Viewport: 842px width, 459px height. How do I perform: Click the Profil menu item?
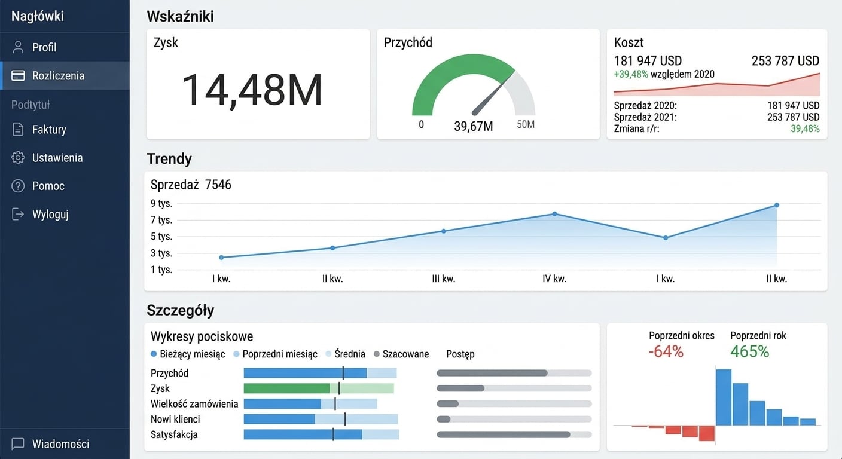click(44, 47)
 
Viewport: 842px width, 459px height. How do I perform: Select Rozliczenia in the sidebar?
click(58, 75)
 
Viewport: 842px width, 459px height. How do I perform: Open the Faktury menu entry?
click(49, 130)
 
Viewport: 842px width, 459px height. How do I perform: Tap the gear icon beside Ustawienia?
click(18, 158)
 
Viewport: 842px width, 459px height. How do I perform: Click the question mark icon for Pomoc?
click(18, 186)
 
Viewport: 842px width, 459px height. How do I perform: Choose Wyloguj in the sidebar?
click(50, 215)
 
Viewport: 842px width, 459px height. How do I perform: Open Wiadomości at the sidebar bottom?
click(61, 444)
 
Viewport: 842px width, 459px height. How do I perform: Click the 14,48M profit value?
click(252, 90)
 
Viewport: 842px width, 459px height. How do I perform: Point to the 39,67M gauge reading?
click(473, 127)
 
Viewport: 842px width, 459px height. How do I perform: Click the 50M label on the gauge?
click(526, 124)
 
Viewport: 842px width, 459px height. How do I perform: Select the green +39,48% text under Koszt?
click(631, 74)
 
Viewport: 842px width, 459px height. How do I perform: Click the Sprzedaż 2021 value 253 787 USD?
click(793, 117)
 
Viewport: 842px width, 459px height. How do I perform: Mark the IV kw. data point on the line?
click(554, 214)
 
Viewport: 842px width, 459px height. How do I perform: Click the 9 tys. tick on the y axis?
click(161, 204)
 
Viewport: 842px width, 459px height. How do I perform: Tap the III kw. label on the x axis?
click(444, 279)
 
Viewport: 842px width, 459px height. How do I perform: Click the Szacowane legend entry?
click(401, 354)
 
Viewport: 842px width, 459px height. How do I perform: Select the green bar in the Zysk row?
click(287, 388)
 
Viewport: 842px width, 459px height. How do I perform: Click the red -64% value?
click(666, 351)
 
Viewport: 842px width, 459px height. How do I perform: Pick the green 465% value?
click(749, 351)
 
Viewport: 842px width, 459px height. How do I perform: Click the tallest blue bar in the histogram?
click(724, 397)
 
